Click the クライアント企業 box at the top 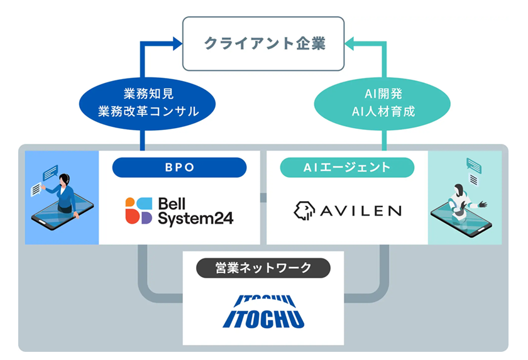[263, 43]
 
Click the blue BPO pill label [179, 168]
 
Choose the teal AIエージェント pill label [347, 168]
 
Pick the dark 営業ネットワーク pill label [263, 268]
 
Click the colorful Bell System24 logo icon [138, 210]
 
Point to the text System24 [195, 218]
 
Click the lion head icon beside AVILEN [304, 210]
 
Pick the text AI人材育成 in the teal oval [383, 112]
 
